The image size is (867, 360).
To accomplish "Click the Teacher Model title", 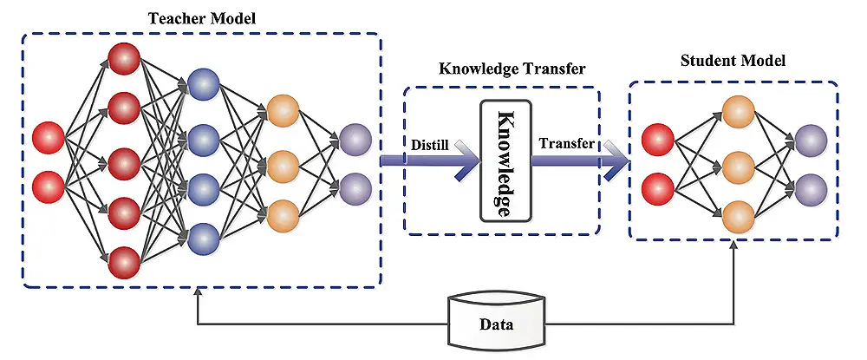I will [200, 16].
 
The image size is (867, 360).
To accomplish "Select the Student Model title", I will [732, 62].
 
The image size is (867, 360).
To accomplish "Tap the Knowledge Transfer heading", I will [500, 69].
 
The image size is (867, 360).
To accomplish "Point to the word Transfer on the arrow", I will [566, 144].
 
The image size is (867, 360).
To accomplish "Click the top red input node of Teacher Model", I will [48, 138].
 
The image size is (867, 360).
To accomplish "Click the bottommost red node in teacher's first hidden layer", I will [123, 260].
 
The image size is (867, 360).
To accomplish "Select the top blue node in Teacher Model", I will [203, 85].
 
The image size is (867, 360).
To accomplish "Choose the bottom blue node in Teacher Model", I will [203, 236].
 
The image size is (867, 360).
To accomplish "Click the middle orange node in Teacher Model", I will [283, 162].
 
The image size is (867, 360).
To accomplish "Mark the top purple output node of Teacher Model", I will [355, 138].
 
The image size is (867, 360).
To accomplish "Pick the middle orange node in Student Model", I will [738, 164].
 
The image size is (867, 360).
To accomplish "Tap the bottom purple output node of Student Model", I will [811, 187].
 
